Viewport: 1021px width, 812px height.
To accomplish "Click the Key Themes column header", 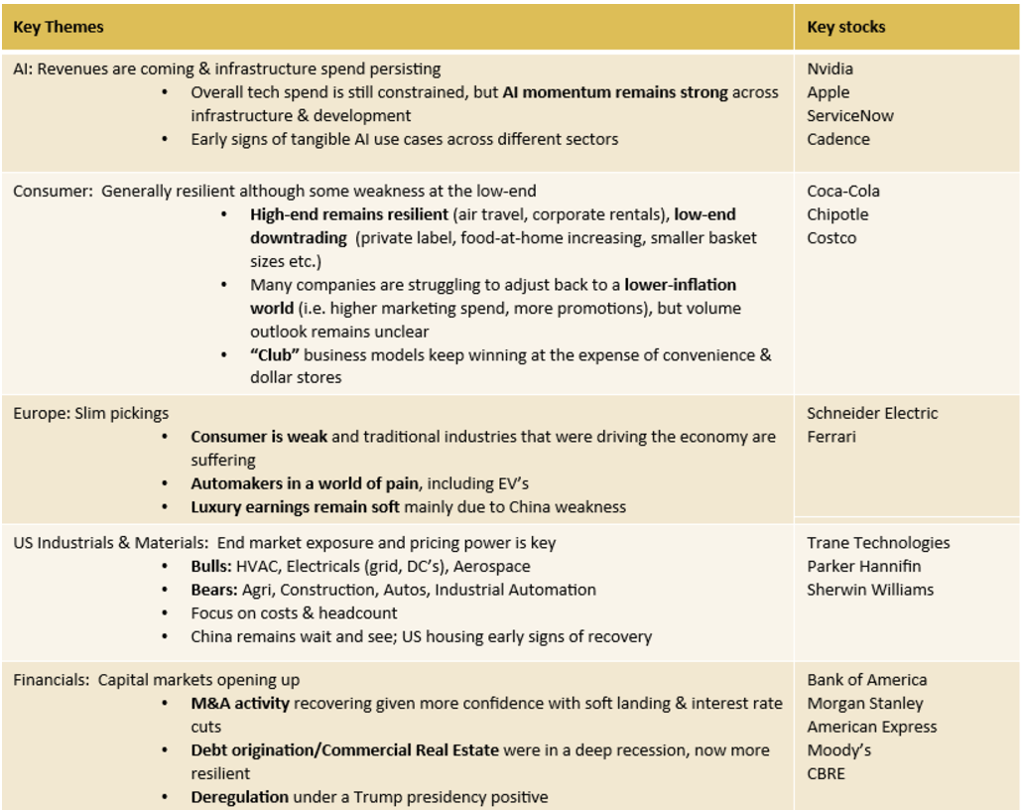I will pos(59,27).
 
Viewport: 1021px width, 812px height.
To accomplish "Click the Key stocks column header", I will pos(846,27).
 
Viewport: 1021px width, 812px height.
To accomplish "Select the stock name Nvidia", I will pos(830,68).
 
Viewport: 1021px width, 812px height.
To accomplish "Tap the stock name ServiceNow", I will pos(850,115).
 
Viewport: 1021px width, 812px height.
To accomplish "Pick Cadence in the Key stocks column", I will pos(838,139).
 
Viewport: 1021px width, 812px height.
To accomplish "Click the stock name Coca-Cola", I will pos(843,191).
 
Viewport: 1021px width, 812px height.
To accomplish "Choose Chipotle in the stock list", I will pos(837,214).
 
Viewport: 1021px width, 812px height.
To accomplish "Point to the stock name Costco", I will pos(831,238).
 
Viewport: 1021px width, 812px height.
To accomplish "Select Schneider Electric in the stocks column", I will pos(872,413).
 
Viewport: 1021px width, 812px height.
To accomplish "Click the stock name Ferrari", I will pos(831,437).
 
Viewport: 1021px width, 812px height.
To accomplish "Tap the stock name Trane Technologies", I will pos(878,542).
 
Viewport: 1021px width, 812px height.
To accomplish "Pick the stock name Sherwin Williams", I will pos(870,590).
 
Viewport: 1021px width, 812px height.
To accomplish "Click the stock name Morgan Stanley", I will pos(865,704).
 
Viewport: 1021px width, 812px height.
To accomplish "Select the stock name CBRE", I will pos(827,773).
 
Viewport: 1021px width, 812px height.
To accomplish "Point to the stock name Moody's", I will pos(839,750).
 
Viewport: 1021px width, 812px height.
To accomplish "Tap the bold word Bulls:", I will pos(211,566).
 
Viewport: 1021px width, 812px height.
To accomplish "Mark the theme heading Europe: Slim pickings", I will pos(91,413).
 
